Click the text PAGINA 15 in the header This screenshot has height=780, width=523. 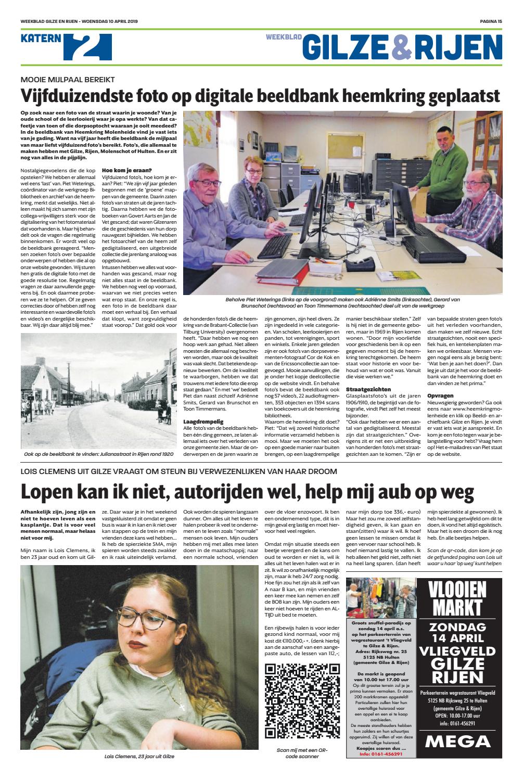click(x=490, y=21)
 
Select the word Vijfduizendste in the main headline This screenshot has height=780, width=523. click(x=78, y=97)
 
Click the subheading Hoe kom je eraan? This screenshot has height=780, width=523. click(x=127, y=170)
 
